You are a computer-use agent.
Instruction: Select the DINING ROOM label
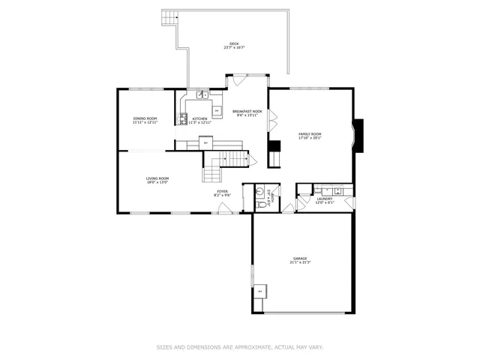click(x=145, y=118)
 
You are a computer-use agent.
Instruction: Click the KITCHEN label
click(x=199, y=118)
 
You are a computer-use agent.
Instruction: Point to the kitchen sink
click(x=202, y=95)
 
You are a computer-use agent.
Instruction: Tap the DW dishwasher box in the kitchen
click(x=217, y=111)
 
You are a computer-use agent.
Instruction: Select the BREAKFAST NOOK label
click(x=247, y=111)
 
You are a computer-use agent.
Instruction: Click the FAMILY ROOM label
click(x=310, y=134)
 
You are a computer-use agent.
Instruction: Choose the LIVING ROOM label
click(x=157, y=178)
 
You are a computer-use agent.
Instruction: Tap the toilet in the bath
click(x=261, y=203)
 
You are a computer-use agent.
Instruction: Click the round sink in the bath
click(x=260, y=190)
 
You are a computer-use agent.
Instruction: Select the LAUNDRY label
click(x=324, y=198)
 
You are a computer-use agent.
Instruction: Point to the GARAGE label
click(x=300, y=259)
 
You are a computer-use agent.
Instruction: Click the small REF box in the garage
click(x=259, y=290)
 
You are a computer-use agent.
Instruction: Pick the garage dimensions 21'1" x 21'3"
click(x=300, y=262)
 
